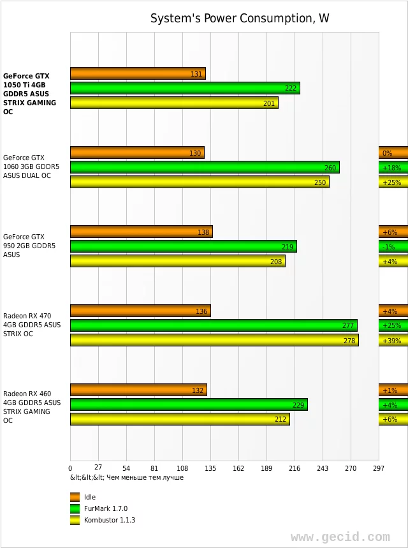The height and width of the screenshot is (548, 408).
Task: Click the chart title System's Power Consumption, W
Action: [x=240, y=18]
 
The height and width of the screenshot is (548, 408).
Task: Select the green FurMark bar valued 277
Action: [x=214, y=325]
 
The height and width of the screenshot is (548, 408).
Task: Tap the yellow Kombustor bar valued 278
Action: [x=214, y=340]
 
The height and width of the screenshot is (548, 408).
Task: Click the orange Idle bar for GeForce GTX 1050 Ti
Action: [x=138, y=73]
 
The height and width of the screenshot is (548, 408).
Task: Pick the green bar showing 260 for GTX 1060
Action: [x=205, y=167]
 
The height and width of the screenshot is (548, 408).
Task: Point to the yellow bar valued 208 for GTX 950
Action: [x=177, y=261]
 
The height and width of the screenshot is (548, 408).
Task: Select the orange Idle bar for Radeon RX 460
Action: [x=138, y=390]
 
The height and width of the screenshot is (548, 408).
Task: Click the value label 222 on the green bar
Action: [x=291, y=88]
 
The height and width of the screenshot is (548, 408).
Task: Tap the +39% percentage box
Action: [x=393, y=340]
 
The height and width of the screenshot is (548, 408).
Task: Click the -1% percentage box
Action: [x=393, y=246]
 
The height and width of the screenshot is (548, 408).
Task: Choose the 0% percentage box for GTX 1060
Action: [x=393, y=152]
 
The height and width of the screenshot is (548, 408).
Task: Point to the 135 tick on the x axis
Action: [x=210, y=468]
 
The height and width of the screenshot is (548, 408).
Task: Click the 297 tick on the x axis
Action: [x=379, y=468]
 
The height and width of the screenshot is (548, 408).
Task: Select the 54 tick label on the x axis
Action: [x=126, y=468]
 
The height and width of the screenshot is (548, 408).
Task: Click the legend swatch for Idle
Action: [x=75, y=497]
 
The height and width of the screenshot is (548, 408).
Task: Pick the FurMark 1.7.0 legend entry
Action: [x=106, y=508]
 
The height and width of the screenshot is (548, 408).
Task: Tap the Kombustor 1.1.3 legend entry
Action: [x=109, y=520]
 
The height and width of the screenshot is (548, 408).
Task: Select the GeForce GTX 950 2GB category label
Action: [x=29, y=246]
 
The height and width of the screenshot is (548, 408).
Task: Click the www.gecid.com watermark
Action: [x=340, y=537]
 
